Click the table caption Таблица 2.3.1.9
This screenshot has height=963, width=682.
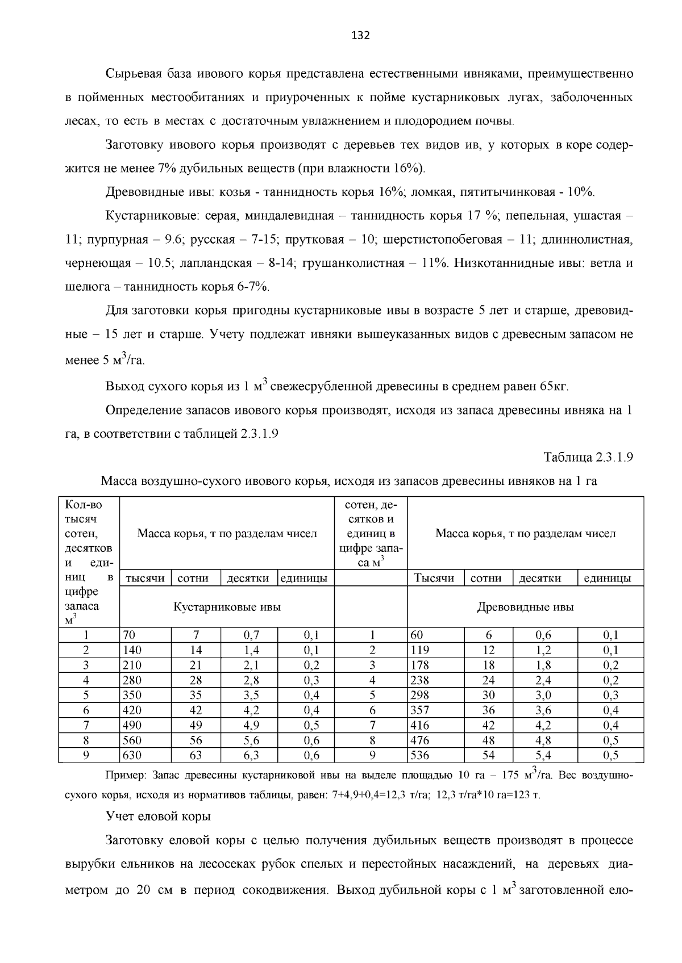[588, 458]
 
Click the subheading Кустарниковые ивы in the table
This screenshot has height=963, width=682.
[227, 607]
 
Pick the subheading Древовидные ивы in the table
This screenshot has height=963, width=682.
[525, 607]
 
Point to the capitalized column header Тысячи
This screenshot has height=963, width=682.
[434, 578]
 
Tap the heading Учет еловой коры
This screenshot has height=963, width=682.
[158, 816]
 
